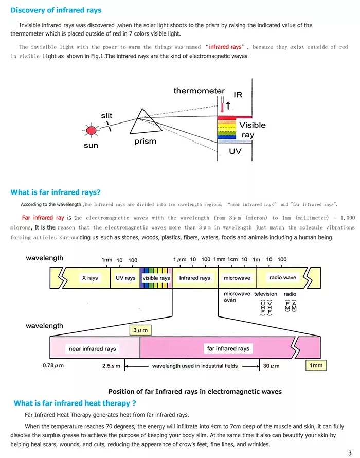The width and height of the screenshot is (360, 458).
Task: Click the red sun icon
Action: [x=92, y=131]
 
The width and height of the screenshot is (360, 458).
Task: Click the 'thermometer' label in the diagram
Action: [x=199, y=91]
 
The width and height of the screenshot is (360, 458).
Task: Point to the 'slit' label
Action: [x=106, y=116]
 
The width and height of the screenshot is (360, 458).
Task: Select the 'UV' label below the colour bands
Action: [x=235, y=152]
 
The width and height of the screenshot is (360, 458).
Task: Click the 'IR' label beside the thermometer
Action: [x=238, y=95]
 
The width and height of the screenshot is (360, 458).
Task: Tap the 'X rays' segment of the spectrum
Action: [x=89, y=278]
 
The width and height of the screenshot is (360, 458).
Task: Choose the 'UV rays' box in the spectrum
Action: [x=125, y=278]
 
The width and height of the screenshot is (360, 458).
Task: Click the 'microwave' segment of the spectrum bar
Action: [x=237, y=278]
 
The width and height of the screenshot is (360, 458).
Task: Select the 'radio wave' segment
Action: [x=283, y=278]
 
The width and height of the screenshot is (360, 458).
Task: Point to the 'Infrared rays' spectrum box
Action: [x=194, y=278]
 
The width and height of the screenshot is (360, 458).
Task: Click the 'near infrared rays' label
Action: [x=93, y=349]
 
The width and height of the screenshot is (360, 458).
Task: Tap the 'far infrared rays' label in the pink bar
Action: [x=228, y=349]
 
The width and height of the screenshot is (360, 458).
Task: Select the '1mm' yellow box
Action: [x=316, y=365]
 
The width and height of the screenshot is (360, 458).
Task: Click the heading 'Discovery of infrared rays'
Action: [x=56, y=10]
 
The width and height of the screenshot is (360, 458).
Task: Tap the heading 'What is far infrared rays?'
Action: [x=56, y=192]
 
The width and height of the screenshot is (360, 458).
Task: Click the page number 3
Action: [x=349, y=452]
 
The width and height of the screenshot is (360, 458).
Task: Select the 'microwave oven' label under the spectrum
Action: [x=237, y=297]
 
